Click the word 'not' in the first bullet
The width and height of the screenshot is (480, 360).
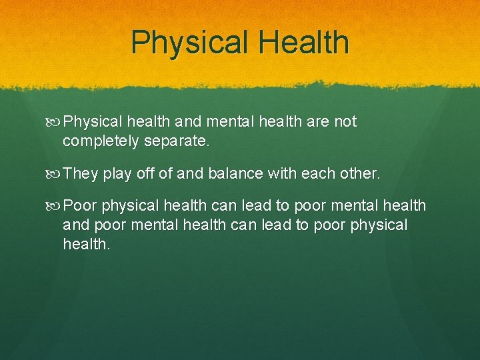[x=344, y=122]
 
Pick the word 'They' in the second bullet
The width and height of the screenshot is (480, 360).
[x=81, y=174]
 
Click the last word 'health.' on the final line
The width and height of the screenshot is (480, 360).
[x=86, y=245]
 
